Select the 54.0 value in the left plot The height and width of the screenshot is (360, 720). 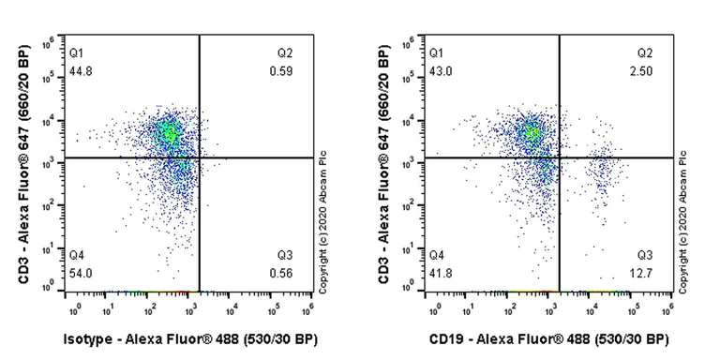[x=82, y=272]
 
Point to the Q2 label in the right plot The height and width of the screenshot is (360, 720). [x=645, y=51]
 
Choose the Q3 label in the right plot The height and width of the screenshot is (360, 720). [x=645, y=255]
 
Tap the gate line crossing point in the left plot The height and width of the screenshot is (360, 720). [x=200, y=157]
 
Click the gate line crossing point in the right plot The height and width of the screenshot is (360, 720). [x=560, y=157]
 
